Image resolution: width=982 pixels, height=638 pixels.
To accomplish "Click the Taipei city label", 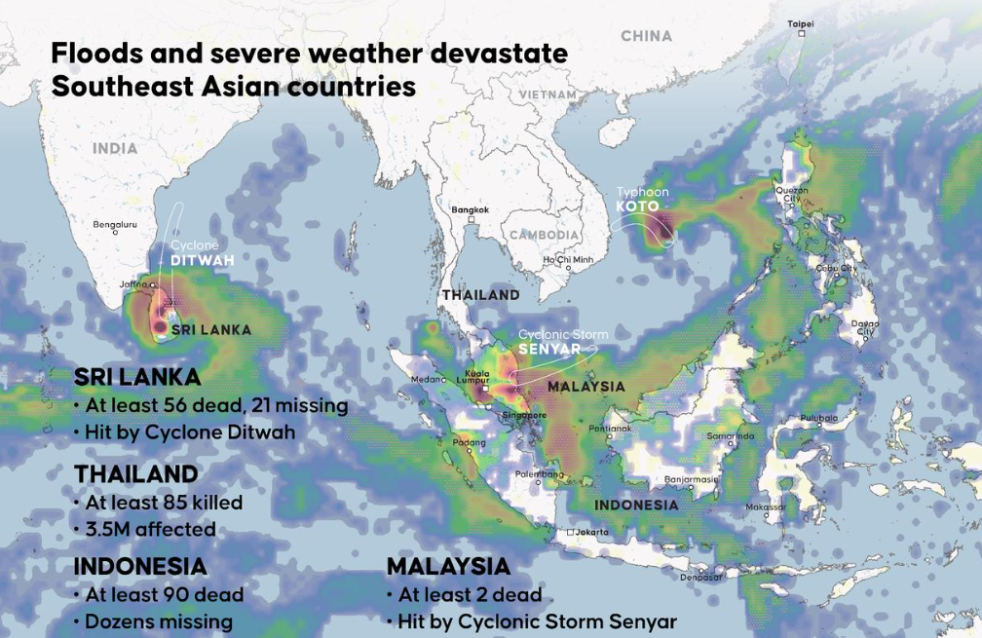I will point(800,23).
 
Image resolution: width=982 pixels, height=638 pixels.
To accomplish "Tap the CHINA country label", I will point(646,36).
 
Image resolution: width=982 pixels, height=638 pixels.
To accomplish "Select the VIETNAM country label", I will point(548,94).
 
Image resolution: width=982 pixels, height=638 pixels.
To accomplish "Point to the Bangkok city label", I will point(470,209).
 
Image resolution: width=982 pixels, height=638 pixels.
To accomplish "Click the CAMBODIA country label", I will point(544,236).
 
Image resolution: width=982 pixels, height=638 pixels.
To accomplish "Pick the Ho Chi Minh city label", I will point(568,260).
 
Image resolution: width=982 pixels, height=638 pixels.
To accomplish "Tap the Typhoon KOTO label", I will point(637,200).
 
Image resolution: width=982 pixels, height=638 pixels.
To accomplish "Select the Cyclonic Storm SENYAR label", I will point(562,341).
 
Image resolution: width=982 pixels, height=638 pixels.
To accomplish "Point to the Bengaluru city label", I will point(115,224).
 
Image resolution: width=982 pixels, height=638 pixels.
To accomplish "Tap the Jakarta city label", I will point(590,532).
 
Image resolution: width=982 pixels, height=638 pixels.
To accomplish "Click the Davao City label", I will point(864,327).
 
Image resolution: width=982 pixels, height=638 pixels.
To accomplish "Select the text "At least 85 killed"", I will point(164,503).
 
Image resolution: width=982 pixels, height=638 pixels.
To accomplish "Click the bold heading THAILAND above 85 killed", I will point(136,473).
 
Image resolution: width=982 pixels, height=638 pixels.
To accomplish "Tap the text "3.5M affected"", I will point(150,530).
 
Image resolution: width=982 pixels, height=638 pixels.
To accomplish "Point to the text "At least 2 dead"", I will point(469,594).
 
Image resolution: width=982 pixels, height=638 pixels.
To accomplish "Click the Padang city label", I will point(469,443).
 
